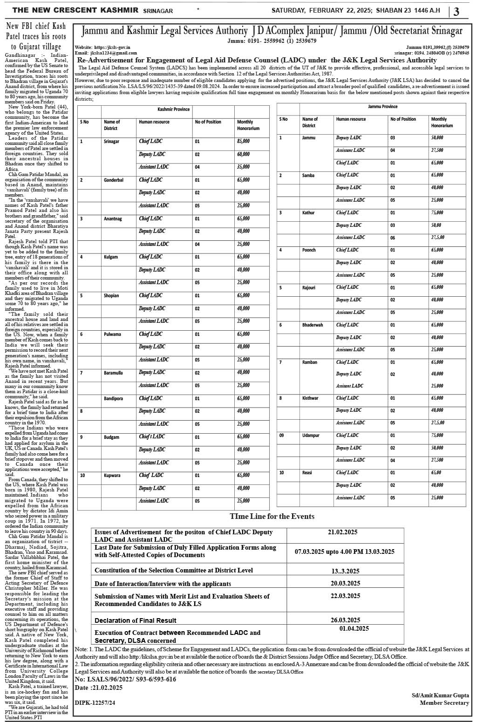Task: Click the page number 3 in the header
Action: [456, 11]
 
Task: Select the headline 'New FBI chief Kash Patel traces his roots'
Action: [36, 36]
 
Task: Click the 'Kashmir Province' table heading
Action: [173, 109]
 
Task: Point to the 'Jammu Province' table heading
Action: [383, 107]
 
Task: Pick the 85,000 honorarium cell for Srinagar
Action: [243, 141]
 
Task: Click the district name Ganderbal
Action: [114, 180]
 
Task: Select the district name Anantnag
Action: [113, 218]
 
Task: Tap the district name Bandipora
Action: [114, 399]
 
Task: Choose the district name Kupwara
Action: [112, 476]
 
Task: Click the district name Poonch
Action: [309, 250]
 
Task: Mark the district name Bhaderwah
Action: [313, 325]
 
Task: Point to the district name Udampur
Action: [311, 436]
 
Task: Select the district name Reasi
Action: [307, 473]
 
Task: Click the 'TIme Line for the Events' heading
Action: [272, 516]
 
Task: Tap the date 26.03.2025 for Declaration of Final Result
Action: [345, 620]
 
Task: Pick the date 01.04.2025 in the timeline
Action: [354, 628]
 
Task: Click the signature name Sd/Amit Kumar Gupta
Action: [440, 695]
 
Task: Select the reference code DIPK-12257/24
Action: [95, 702]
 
